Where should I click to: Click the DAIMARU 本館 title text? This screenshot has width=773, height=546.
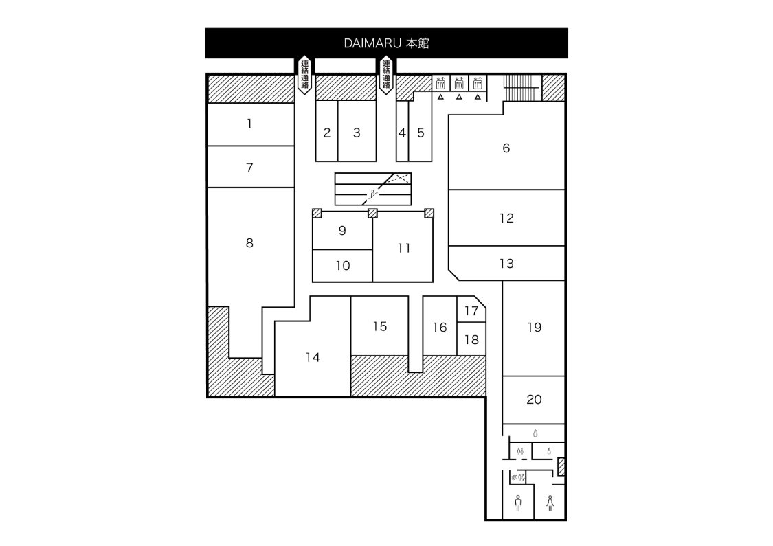[x=386, y=43]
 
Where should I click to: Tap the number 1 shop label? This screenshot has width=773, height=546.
[x=249, y=124]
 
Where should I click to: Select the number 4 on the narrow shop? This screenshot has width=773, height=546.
[x=402, y=133]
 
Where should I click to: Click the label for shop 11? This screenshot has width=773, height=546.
[x=404, y=248]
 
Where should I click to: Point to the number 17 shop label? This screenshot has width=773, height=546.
[x=471, y=310]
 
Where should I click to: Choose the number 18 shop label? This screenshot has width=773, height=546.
[x=471, y=339]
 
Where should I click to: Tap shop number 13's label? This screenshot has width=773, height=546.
[x=506, y=263]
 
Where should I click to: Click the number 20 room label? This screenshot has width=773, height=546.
[x=534, y=399]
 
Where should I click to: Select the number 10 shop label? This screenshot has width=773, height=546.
[x=343, y=266]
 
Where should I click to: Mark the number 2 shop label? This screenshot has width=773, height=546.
[x=327, y=133]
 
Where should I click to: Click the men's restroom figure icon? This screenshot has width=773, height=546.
[x=518, y=503]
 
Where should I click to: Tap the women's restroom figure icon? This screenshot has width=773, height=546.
[x=550, y=503]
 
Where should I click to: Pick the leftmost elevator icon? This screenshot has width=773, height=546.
[x=440, y=84]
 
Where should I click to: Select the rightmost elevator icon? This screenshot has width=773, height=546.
[x=478, y=84]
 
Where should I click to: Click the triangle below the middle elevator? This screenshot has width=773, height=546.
[x=459, y=97]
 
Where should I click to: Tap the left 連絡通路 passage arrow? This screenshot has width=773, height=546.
[x=305, y=75]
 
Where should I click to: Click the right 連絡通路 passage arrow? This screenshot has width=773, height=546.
[x=386, y=75]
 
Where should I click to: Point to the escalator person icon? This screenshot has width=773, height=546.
[x=372, y=194]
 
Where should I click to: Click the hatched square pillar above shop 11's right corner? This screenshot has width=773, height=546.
[x=429, y=213]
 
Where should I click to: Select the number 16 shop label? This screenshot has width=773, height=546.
[x=440, y=328]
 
